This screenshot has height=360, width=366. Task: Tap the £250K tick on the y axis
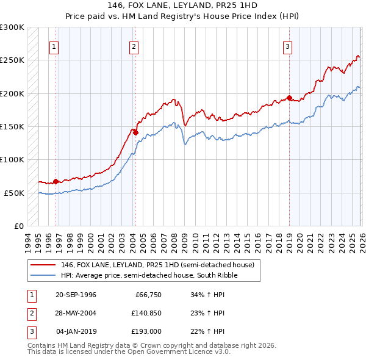[x=12, y=60]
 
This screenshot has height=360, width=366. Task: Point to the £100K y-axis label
[x=12, y=160]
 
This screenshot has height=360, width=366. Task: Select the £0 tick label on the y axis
[x=18, y=226]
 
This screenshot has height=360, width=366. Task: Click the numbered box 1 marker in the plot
[x=54, y=46]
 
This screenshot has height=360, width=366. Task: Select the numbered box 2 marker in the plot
[x=134, y=46]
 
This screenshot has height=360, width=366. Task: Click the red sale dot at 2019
[x=289, y=98]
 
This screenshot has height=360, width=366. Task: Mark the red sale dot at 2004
[x=135, y=132]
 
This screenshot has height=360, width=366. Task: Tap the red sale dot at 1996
[x=56, y=181]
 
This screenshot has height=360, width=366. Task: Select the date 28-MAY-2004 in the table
[x=76, y=313]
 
